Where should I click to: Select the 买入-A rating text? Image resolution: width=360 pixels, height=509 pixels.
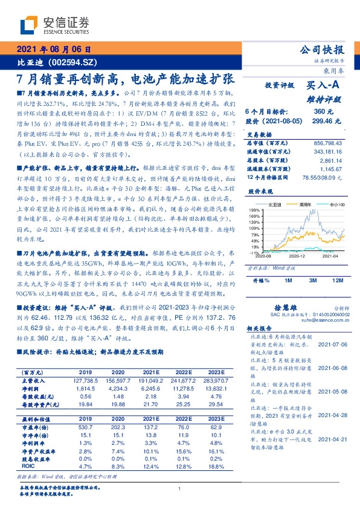click(324, 86)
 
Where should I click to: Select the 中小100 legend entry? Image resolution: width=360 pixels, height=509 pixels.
click(336, 205)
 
